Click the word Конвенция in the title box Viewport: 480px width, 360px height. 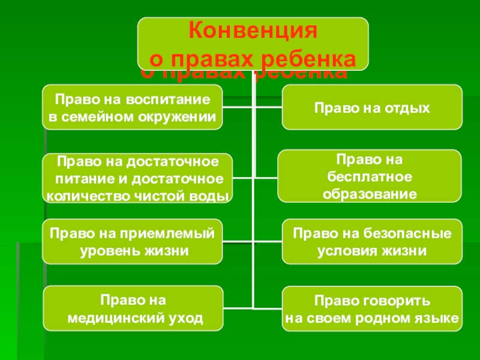pos(253,31)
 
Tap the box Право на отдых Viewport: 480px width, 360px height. pos(372,107)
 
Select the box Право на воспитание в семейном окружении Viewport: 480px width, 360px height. pos(132,107)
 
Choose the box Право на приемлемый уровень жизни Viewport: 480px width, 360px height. pos(132,242)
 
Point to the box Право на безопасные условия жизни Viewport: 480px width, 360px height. pos(372,242)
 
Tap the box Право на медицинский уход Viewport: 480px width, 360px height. pos(133,308)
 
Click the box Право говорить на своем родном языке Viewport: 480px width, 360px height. pos(372,308)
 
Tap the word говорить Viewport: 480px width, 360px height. pos(396,299)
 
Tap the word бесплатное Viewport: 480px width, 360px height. pos(369,178)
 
